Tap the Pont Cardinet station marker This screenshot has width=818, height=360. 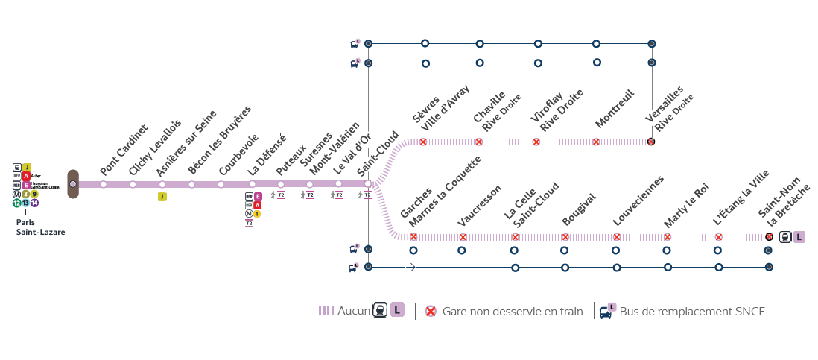click(x=104, y=184)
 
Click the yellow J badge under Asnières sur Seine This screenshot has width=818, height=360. click(x=162, y=197)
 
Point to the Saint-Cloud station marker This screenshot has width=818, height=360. click(x=368, y=183)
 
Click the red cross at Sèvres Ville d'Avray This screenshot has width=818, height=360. click(x=423, y=142)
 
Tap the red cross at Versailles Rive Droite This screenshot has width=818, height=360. click(x=651, y=142)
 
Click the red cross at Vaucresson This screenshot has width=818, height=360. click(x=463, y=237)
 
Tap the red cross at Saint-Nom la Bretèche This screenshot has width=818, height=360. click(x=769, y=237)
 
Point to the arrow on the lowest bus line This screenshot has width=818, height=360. click(x=410, y=267)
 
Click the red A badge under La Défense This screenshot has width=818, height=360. click(x=258, y=205)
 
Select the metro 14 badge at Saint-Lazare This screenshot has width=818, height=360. click(x=34, y=203)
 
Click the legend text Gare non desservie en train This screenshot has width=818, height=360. click(x=513, y=312)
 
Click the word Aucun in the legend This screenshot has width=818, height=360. click(x=354, y=311)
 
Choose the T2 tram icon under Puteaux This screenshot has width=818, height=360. click(x=281, y=195)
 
